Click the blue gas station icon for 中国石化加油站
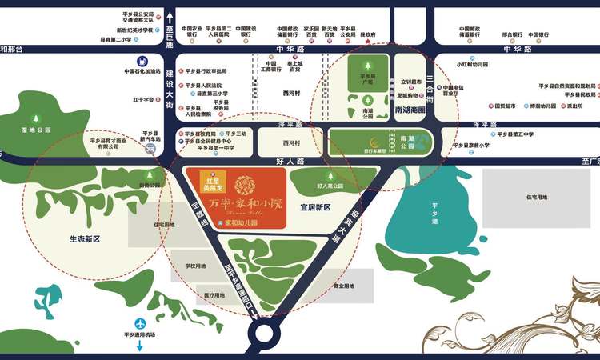tap(142, 60)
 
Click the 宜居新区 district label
tap(315, 206)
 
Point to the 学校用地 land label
tap(195, 266)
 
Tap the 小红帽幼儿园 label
tap(474, 64)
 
